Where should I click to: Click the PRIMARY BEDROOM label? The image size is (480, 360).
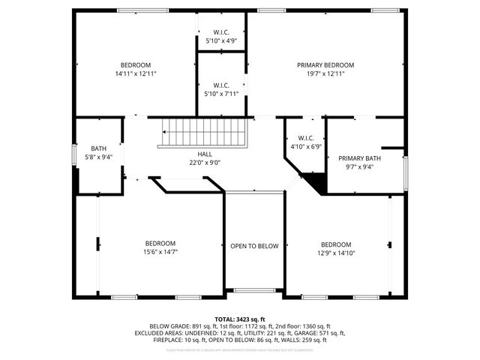(325, 65)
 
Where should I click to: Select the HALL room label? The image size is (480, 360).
(205, 154)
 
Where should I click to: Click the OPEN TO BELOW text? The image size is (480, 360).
(254, 246)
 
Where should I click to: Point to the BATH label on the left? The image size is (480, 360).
(99, 148)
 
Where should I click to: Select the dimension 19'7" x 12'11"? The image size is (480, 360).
(325, 73)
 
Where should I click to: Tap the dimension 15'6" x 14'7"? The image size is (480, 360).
(160, 252)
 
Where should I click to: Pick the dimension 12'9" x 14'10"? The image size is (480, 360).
(335, 253)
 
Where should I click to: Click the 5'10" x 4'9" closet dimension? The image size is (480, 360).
(221, 40)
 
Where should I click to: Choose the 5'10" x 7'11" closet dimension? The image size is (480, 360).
(221, 94)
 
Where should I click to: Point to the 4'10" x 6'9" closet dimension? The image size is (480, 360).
(305, 147)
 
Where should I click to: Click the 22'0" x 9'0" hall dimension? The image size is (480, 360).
(205, 162)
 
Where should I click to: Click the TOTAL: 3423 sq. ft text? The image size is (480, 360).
(240, 319)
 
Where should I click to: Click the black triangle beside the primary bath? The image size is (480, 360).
(316, 182)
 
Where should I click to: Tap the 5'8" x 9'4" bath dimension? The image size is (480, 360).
(99, 157)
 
